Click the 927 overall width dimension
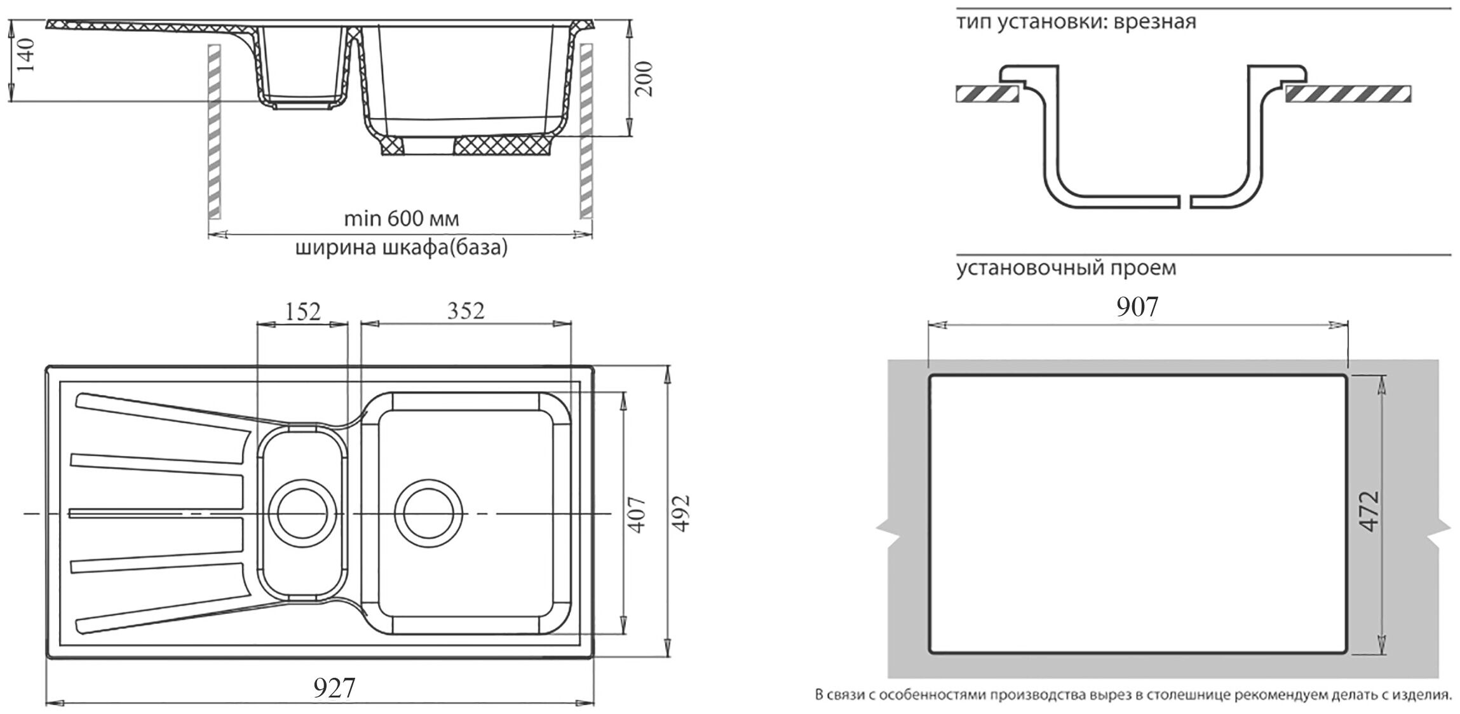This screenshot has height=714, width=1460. click(x=334, y=687)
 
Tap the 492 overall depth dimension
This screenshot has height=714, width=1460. click(x=680, y=513)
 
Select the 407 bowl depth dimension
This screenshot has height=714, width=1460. click(x=637, y=513)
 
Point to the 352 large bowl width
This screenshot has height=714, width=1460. click(x=466, y=311)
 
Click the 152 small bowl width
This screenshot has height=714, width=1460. click(x=303, y=311)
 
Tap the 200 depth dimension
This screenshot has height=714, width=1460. click(x=644, y=78)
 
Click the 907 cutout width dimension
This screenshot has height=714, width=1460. click(x=1137, y=307)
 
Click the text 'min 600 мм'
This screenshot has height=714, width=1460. click(x=401, y=219)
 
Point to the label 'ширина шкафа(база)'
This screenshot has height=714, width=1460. click(x=402, y=247)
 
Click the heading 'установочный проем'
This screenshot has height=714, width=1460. click(x=1066, y=267)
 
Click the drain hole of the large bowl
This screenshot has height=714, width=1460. click(x=426, y=511)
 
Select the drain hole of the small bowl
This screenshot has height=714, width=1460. click(x=301, y=511)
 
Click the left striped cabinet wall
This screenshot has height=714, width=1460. click(x=215, y=130)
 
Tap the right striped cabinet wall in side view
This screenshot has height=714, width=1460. click(x=586, y=130)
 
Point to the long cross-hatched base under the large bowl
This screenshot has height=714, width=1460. click(x=503, y=145)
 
